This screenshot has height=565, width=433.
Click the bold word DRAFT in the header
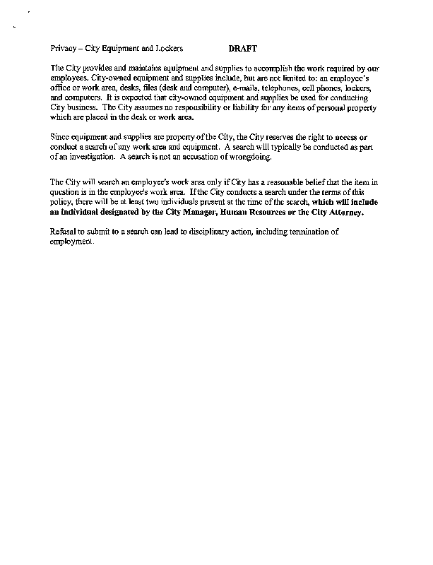tap(243, 49)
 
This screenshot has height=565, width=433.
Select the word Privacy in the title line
tap(63, 49)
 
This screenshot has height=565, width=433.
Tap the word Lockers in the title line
tap(170, 49)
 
